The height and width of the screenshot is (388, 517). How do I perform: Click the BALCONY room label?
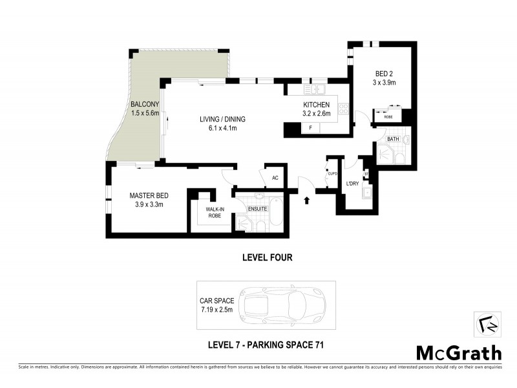[x=144, y=104]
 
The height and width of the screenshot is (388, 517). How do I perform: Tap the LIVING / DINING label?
[x=217, y=119]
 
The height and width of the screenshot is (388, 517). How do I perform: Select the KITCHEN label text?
[x=317, y=105]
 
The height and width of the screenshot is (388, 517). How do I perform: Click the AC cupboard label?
[x=274, y=178]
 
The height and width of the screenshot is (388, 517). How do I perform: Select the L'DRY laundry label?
[x=353, y=184]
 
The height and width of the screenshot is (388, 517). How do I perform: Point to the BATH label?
[x=393, y=139]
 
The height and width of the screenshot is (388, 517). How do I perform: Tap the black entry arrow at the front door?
[x=306, y=200]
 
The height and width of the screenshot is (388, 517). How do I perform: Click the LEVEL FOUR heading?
[x=267, y=257]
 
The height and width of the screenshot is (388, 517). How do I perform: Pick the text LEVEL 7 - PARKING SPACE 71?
[x=266, y=344]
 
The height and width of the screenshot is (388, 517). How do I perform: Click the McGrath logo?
[x=458, y=352]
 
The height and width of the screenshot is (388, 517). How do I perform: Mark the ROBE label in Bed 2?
[x=388, y=117]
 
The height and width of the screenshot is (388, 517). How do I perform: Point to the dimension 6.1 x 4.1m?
[x=217, y=128]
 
